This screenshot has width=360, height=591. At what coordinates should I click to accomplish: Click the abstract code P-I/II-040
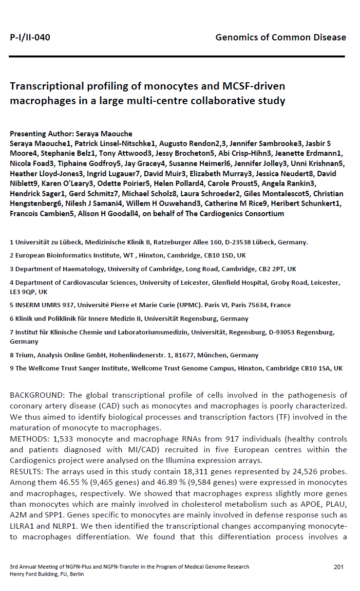point(30,37)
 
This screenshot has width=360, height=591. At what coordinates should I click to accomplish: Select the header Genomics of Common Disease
point(281,37)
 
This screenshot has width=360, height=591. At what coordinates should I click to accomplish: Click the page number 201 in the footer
point(339,567)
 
